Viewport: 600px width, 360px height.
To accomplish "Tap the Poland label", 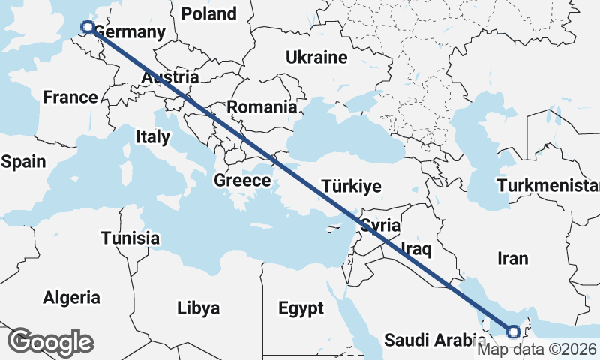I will [208, 13].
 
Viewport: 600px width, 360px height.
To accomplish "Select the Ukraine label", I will [316, 58].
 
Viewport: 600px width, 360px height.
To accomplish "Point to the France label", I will [70, 97].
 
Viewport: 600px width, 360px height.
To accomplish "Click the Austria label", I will [170, 77].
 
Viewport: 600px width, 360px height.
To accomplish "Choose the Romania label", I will [262, 107].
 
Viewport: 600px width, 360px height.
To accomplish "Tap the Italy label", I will [153, 137].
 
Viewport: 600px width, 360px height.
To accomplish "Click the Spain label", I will [24, 162].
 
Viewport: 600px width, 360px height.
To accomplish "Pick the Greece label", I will [242, 181].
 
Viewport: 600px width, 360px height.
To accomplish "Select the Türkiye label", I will [351, 187].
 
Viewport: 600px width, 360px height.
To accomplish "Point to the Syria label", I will [380, 225].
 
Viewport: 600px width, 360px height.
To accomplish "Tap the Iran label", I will [512, 259].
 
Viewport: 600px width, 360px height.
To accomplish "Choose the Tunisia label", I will [130, 238].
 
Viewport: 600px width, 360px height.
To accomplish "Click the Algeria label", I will [72, 297].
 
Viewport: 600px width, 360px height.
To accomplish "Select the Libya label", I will [199, 307].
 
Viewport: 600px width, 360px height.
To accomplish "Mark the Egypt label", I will [301, 308].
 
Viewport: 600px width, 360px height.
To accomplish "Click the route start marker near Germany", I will [87, 27].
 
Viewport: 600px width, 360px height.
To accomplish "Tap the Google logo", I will [51, 342].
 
